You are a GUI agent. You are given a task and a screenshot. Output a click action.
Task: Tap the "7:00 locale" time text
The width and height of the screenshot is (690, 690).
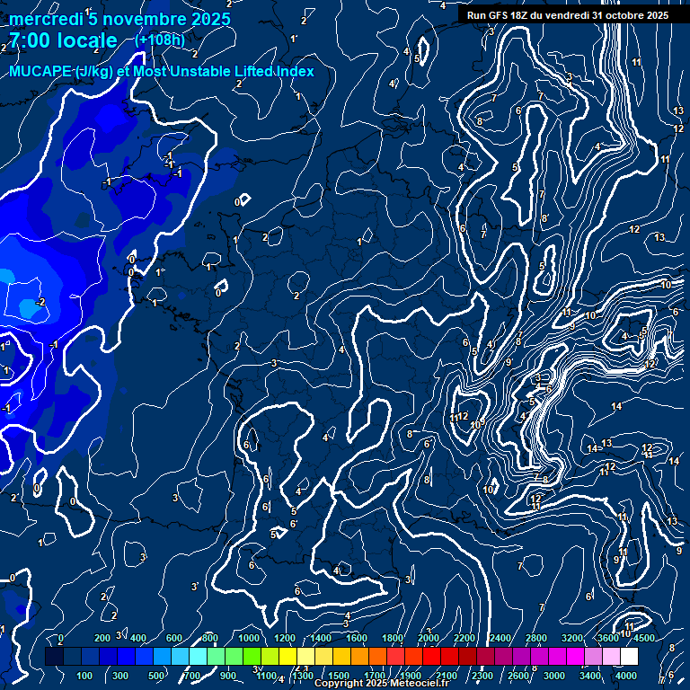63,40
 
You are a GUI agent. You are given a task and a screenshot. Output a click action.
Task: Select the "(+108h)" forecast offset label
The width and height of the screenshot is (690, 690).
160,40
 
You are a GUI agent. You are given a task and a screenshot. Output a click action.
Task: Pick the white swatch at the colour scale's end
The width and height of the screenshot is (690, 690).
629,657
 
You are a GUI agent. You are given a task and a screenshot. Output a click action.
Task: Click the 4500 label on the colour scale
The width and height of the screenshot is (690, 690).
643,638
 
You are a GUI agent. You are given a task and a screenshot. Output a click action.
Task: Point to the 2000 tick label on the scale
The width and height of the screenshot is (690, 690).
429,638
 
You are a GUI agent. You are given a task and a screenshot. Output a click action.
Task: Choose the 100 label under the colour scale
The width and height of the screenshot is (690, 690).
84,676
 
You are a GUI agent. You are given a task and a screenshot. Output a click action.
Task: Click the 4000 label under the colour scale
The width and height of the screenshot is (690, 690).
626,676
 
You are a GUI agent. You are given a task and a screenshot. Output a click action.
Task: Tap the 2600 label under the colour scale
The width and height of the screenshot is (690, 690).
518,676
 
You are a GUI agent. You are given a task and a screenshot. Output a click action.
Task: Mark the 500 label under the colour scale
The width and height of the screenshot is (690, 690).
156,676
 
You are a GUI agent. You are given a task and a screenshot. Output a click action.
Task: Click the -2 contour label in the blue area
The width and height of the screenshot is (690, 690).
39,303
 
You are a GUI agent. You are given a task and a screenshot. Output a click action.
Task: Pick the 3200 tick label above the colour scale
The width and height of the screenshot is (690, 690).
572,638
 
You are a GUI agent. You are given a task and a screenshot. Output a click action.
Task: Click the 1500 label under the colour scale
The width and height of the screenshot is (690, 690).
338,676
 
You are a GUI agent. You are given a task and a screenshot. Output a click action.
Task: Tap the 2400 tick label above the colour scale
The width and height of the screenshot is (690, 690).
500,638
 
